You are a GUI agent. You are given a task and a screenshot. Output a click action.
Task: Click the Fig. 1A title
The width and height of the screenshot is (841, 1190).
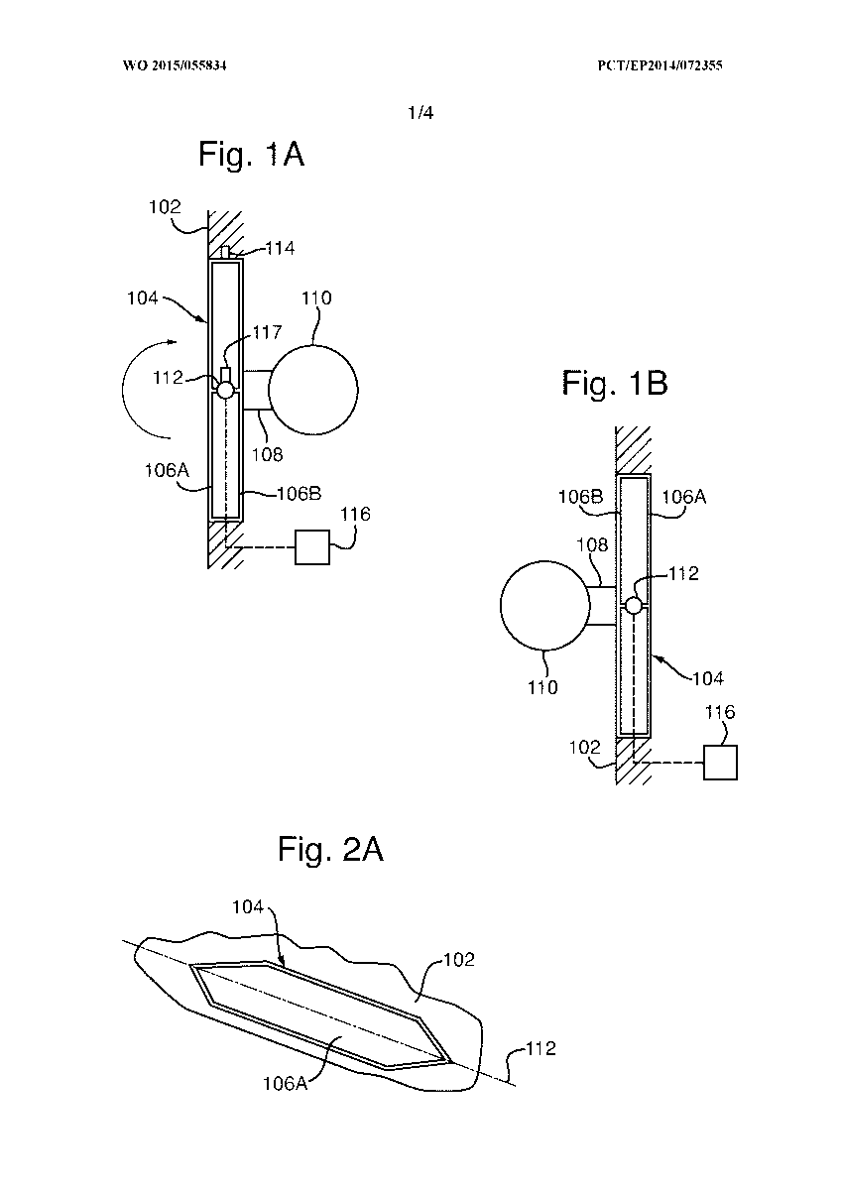pyautogui.click(x=251, y=154)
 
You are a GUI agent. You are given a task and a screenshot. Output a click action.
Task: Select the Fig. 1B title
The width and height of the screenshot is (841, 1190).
pyautogui.click(x=615, y=383)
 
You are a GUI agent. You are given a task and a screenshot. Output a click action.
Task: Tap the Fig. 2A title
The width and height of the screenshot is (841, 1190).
pyautogui.click(x=330, y=849)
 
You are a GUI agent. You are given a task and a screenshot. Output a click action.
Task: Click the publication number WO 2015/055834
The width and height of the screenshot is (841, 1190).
pyautogui.click(x=175, y=65)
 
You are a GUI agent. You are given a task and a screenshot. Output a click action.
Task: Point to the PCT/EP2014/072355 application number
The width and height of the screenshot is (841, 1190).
pyautogui.click(x=660, y=65)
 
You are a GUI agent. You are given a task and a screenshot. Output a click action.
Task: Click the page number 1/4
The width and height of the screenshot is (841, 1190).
pyautogui.click(x=420, y=113)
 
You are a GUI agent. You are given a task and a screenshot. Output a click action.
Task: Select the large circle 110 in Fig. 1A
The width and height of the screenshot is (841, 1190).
pyautogui.click(x=313, y=390)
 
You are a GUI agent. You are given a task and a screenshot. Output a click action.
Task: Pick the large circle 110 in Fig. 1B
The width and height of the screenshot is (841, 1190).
pyautogui.click(x=545, y=605)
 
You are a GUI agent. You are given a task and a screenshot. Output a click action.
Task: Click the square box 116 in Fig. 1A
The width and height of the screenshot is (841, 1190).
pyautogui.click(x=312, y=546)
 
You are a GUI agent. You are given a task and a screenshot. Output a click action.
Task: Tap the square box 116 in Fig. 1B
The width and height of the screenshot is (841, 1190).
pyautogui.click(x=720, y=763)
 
